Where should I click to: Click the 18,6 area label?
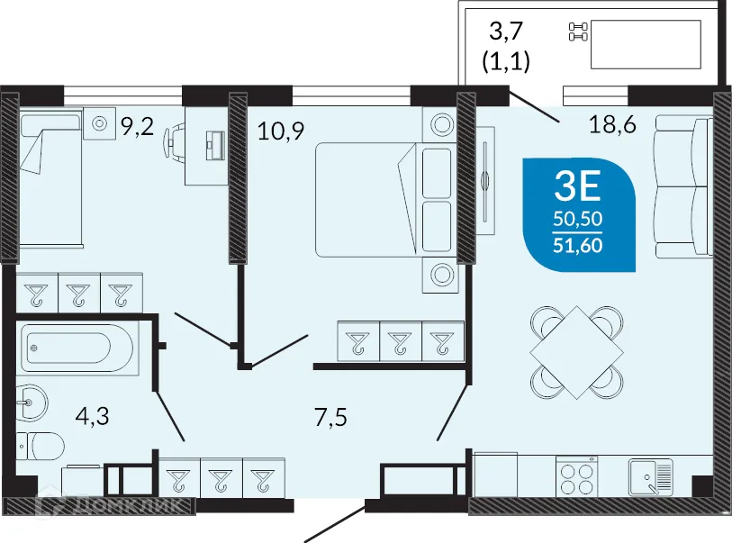pos(612,125)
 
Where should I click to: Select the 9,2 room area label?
pos(137,125)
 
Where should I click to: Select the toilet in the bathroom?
pos(41,445)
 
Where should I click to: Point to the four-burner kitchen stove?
pos(577,478)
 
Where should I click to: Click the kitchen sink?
pos(650,478)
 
